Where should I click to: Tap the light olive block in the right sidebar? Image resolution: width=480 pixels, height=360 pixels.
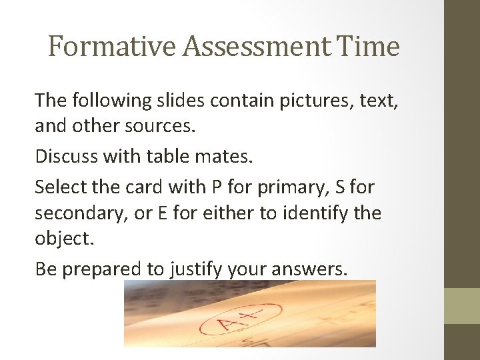pos(462,305)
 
